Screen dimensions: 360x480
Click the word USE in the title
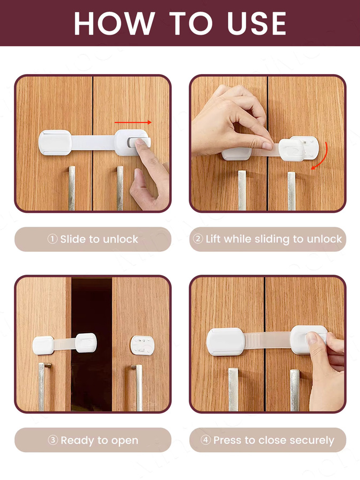[x=257, y=23]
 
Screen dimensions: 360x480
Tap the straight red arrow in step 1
[x=133, y=123]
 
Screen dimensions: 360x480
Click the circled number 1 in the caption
[x=52, y=239]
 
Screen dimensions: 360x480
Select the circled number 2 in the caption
[x=198, y=239]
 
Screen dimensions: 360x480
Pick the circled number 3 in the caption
[x=53, y=440]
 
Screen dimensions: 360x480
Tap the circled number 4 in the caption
[x=205, y=440]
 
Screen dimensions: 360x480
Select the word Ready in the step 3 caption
[x=73, y=441]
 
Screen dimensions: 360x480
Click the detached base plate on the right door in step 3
[x=142, y=345]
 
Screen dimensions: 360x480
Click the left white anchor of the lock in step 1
[x=55, y=142]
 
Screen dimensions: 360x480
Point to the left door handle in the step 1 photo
[x=71, y=188]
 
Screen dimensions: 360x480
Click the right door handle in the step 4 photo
[x=294, y=390]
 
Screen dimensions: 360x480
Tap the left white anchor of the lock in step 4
[x=226, y=342]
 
